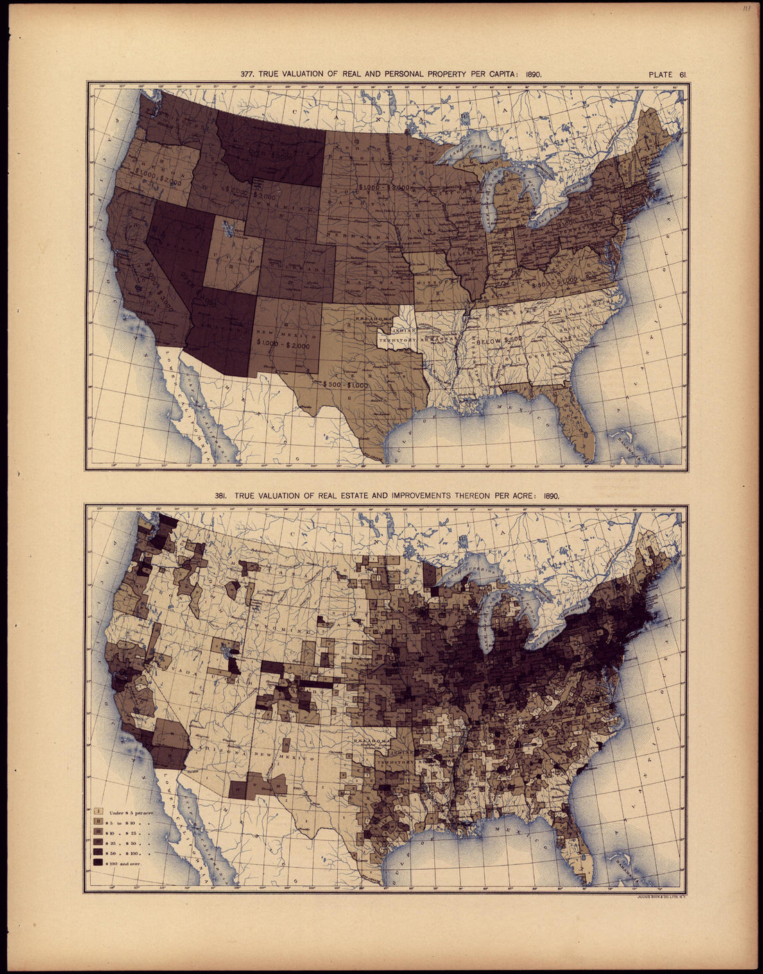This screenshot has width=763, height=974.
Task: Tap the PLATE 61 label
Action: [x=669, y=74]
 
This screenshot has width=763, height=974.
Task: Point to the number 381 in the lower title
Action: [x=222, y=496]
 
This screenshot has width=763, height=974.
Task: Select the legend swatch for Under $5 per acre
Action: [x=98, y=811]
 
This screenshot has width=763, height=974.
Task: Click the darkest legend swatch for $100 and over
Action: [x=98, y=862]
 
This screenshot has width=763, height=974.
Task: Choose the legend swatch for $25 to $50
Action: [x=98, y=841]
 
